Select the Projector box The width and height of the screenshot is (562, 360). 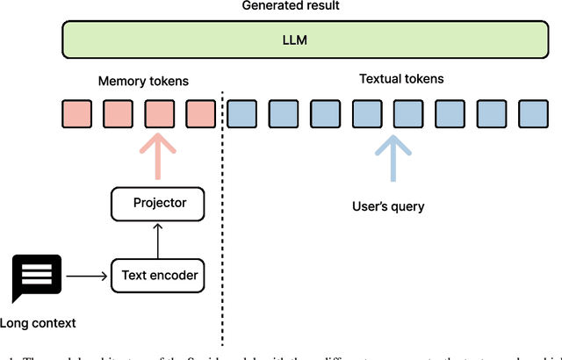click(x=160, y=203)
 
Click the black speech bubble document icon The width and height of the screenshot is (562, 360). click(x=37, y=276)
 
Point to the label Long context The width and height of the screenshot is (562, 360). click(x=38, y=323)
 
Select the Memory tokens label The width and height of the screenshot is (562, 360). click(x=143, y=82)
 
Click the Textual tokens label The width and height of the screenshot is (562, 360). click(x=401, y=79)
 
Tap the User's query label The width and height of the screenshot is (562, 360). click(x=387, y=206)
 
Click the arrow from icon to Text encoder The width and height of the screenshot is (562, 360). click(x=86, y=276)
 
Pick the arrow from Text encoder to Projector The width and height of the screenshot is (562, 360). click(x=160, y=240)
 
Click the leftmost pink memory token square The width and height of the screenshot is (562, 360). click(x=76, y=113)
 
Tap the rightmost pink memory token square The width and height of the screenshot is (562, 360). click(x=200, y=113)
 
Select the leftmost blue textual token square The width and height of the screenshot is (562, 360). click(x=242, y=113)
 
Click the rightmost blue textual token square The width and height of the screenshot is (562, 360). click(x=532, y=113)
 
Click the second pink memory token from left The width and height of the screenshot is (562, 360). click(x=117, y=113)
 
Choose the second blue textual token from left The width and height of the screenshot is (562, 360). click(x=284, y=113)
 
